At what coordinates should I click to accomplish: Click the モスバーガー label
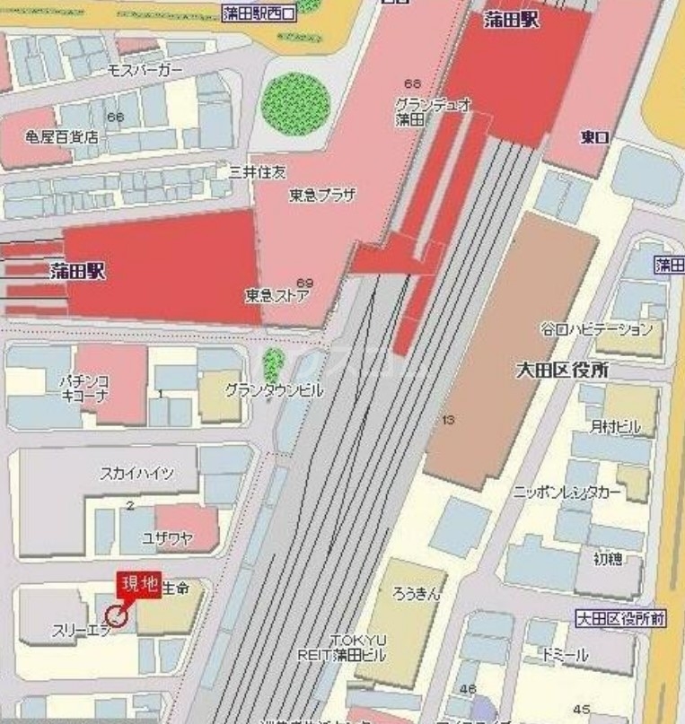145,70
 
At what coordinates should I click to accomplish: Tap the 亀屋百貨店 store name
61,138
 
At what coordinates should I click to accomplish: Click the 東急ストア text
277,294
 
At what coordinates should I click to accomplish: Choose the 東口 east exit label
595,137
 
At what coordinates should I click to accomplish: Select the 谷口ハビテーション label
596,329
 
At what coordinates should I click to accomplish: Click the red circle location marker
116,615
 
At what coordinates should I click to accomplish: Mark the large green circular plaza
296,101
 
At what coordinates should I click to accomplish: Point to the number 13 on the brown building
449,419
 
